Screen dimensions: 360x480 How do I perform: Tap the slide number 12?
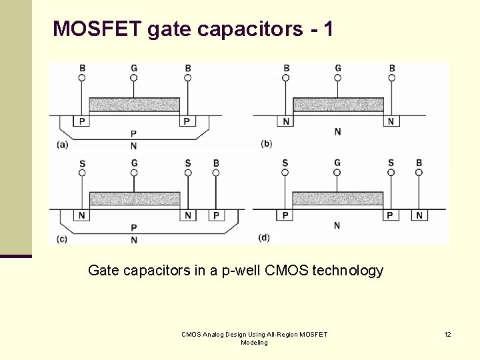pyautogui.click(x=447, y=334)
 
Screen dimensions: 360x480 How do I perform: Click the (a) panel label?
pyautogui.click(x=62, y=145)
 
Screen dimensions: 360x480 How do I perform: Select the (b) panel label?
pyautogui.click(x=267, y=144)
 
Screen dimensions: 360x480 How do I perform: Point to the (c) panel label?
pyautogui.click(x=62, y=239)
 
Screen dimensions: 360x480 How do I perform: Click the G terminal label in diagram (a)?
pyautogui.click(x=134, y=68)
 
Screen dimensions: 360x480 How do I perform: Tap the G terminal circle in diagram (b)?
pyautogui.click(x=338, y=78)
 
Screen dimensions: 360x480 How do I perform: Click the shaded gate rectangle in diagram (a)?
pyautogui.click(x=134, y=104)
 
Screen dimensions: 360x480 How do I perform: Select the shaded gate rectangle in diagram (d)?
pyautogui.click(x=337, y=198)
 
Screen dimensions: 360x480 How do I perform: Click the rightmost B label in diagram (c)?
pyautogui.click(x=215, y=163)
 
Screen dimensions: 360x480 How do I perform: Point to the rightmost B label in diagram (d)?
pyautogui.click(x=419, y=163)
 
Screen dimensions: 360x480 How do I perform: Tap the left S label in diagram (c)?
pyautogui.click(x=82, y=163)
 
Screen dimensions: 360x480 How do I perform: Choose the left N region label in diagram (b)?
pyautogui.click(x=286, y=121)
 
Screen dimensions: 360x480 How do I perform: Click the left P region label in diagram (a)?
pyautogui.click(x=83, y=121)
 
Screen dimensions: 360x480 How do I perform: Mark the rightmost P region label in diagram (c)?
pyautogui.click(x=215, y=215)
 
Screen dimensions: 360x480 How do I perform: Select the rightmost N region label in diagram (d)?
pyautogui.click(x=419, y=215)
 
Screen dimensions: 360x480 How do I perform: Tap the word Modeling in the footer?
pyautogui.click(x=254, y=343)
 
